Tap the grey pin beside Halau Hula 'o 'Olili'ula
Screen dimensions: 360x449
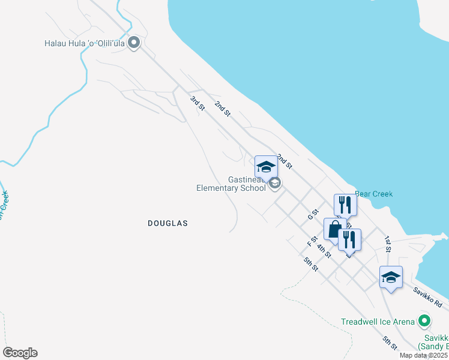coord(134,43)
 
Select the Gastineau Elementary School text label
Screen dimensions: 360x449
coord(231,184)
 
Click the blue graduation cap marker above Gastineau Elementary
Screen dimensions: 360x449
coord(266,166)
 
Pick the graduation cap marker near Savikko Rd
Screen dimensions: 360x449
coord(391,277)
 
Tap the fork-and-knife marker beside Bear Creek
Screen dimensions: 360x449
coord(345,205)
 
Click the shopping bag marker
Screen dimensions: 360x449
coord(334,229)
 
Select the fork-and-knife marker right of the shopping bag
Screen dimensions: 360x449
coord(349,239)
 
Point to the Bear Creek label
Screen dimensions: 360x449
coord(373,194)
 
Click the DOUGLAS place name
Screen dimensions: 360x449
coord(168,223)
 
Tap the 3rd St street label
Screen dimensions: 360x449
coord(197,103)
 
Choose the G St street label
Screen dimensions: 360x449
coord(312,214)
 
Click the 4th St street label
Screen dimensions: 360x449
coord(324,251)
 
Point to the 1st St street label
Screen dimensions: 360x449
coord(388,244)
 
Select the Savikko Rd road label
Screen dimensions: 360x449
coord(427,296)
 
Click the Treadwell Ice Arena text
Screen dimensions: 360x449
coord(378,322)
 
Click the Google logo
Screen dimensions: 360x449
coord(20,353)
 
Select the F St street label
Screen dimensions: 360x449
coord(310,242)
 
